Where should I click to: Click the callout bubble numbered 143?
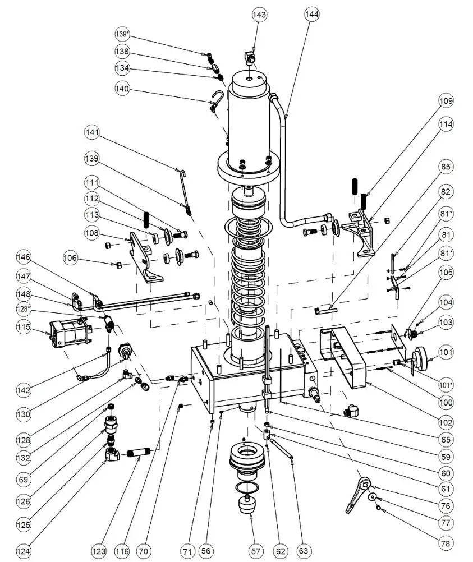coord(259,15)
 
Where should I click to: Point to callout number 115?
coord(23,328)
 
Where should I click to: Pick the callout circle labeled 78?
coord(446,543)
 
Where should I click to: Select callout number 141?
coord(92,133)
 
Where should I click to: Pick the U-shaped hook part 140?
coord(215,101)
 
